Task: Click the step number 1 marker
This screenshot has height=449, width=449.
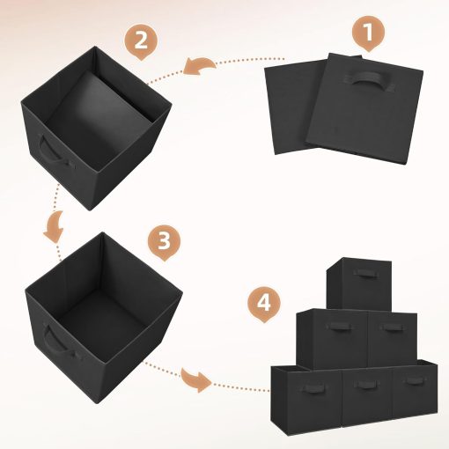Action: pos(368,34)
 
